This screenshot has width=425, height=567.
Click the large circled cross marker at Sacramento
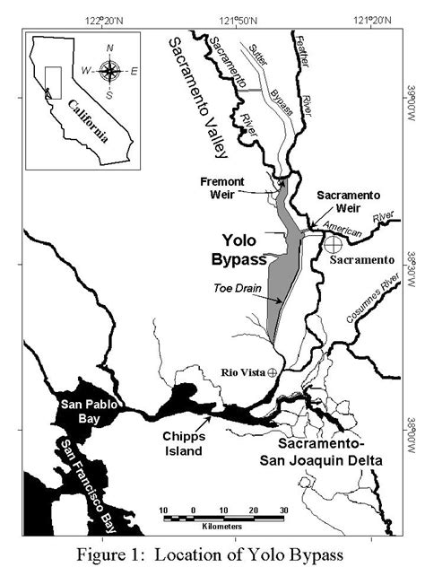(333, 242)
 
